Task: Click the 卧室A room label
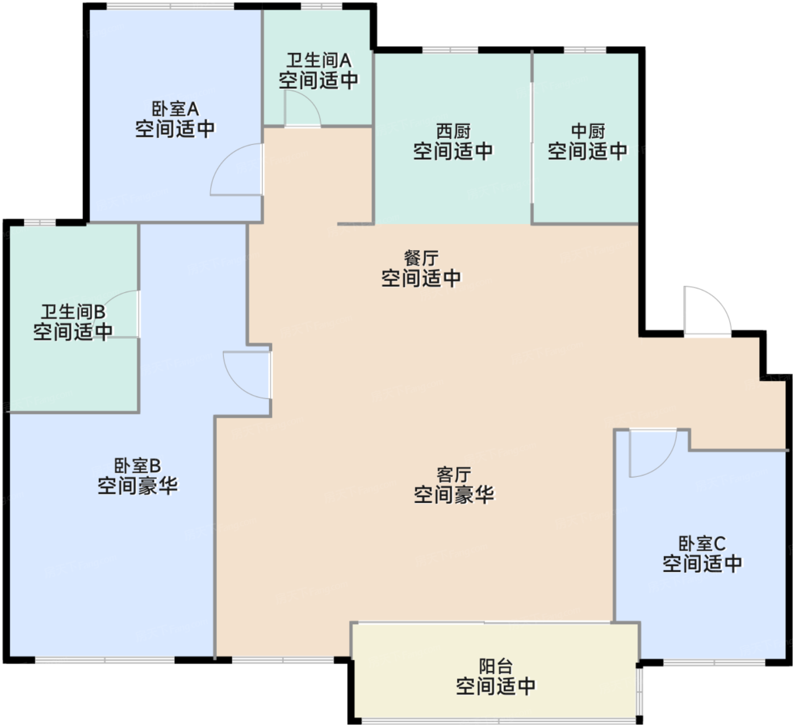click(175, 109)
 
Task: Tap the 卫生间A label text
click(319, 60)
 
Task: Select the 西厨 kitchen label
click(453, 131)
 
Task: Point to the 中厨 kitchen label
click(588, 131)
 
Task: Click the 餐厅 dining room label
click(421, 258)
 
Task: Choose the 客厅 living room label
click(454, 475)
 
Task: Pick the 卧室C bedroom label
click(702, 543)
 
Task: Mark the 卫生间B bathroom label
click(73, 312)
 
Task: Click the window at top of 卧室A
click(170, 6)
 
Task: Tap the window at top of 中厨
click(585, 50)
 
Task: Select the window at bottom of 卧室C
click(714, 662)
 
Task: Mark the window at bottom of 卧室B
click(105, 660)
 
